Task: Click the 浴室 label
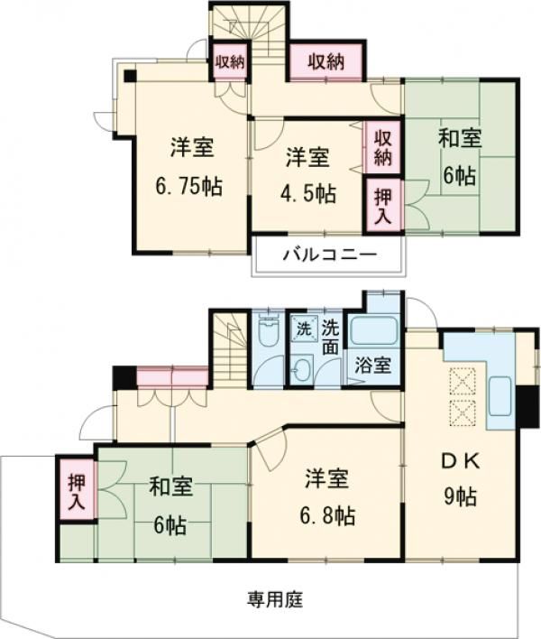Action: [x=373, y=366]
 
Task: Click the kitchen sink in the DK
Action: [x=500, y=393]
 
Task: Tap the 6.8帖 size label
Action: [x=327, y=515]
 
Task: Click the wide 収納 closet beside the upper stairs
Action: [x=326, y=61]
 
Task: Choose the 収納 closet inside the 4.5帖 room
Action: [x=383, y=147]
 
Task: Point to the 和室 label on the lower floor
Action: [x=170, y=488]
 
